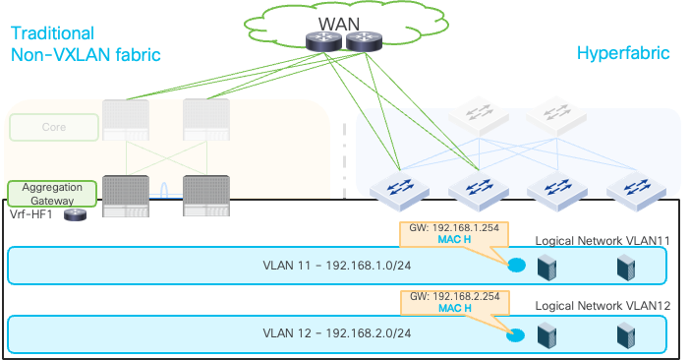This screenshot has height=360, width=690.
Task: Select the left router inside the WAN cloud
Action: pos(321,41)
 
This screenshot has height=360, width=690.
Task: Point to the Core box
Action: pos(54,128)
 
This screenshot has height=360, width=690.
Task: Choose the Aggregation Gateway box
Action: pos(53,193)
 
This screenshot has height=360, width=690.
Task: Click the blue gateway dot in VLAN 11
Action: pos(515,265)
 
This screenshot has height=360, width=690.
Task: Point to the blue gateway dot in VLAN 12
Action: pos(515,334)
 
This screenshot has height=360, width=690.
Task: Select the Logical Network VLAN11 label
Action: pos(602,240)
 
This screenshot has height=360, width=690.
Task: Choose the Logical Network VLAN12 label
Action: pos(602,307)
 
